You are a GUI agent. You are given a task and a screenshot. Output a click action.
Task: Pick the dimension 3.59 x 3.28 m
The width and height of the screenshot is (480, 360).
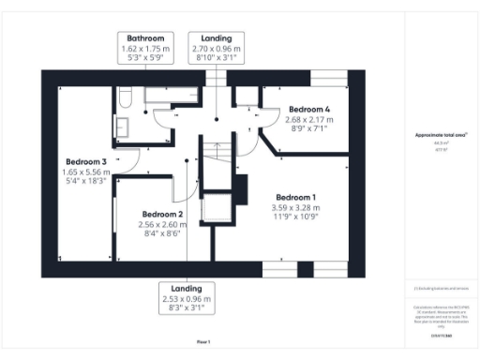tap(294, 207)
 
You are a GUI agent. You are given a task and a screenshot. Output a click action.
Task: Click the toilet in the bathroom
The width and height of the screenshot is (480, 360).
tap(125, 96)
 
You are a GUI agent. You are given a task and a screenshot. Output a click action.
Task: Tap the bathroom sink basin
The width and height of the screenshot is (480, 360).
tap(123, 127)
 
